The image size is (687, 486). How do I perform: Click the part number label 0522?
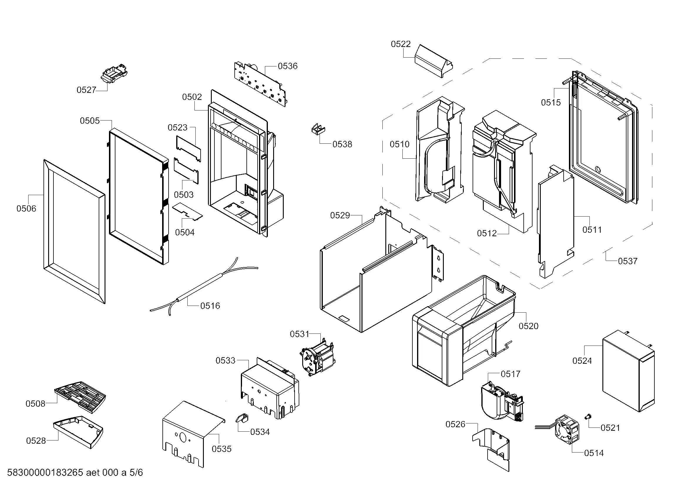(x=401, y=44)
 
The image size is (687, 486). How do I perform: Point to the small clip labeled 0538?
(x=318, y=129)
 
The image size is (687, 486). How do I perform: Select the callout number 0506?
(x=26, y=209)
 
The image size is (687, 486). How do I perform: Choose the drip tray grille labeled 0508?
(x=80, y=396)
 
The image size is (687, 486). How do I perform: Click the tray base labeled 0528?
(x=79, y=431)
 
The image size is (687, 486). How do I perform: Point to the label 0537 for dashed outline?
(x=627, y=261)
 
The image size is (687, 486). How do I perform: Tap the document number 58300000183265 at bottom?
(x=45, y=473)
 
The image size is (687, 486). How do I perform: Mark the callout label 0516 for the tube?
(x=210, y=306)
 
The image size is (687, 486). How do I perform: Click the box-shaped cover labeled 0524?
(x=628, y=371)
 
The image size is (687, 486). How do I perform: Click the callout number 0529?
(x=340, y=215)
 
